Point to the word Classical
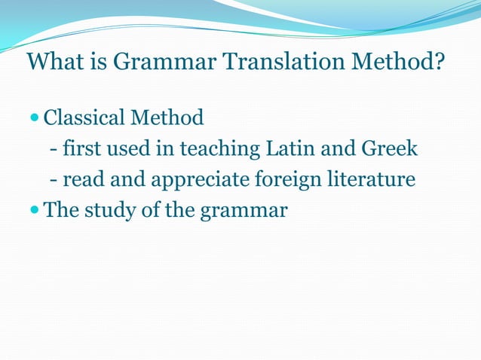[x=84, y=118]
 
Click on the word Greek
[x=391, y=149]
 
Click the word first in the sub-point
[x=80, y=149]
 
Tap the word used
[x=130, y=149]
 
